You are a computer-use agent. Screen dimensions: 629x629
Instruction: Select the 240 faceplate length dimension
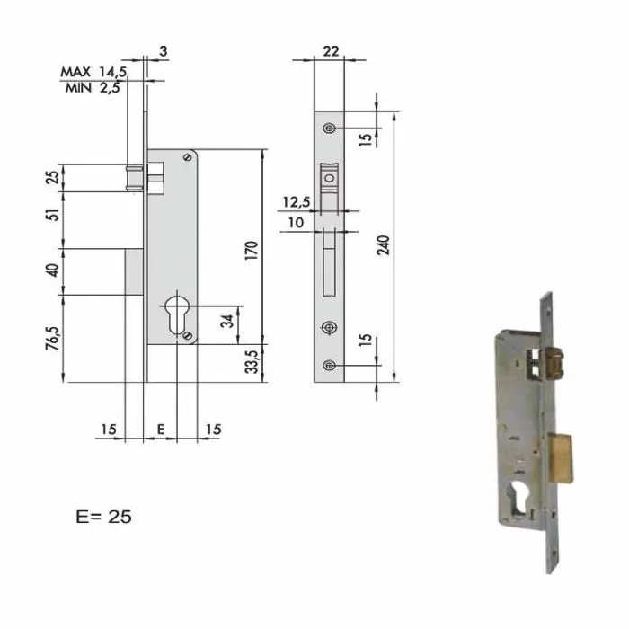click(385, 245)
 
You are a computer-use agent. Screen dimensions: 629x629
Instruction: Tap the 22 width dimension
click(330, 51)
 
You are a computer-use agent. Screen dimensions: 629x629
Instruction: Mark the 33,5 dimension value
click(252, 363)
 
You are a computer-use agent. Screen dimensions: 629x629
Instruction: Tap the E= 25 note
click(104, 517)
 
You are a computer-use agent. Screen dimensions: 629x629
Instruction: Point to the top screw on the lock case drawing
click(187, 157)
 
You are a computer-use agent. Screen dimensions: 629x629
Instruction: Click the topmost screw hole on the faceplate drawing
click(331, 128)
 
